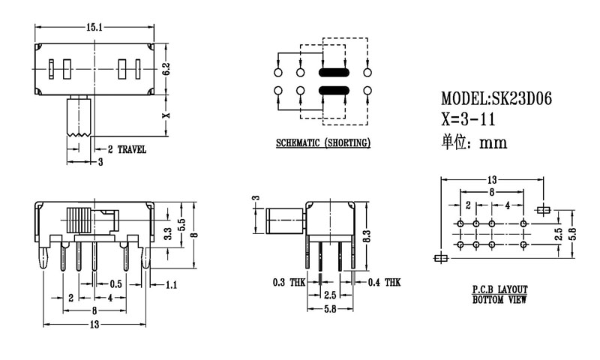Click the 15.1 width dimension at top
coord(94,28)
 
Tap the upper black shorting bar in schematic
coord(333,73)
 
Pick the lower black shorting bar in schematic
coord(333,91)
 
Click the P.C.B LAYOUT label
coord(500,289)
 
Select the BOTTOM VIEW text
coord(500,300)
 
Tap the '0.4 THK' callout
coord(383,283)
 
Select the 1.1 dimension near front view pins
coord(171,284)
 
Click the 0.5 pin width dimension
coord(116,284)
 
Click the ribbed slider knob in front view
coord(79,221)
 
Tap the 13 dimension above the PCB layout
coord(491,180)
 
